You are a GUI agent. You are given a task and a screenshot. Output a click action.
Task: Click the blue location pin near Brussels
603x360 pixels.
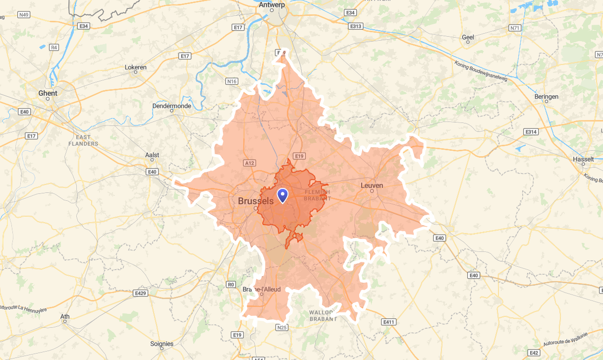tap(282, 195)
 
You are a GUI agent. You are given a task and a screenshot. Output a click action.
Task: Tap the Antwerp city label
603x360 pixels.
tap(272, 5)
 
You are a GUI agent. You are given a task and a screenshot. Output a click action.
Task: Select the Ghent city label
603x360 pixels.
tap(48, 93)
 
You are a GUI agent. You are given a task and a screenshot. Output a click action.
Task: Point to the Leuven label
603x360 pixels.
tap(372, 185)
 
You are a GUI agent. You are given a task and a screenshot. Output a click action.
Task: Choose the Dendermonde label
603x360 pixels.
tap(172, 106)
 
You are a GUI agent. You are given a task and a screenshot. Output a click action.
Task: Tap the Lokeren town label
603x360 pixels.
tap(135, 66)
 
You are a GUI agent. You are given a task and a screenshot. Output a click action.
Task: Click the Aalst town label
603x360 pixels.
tap(152, 155)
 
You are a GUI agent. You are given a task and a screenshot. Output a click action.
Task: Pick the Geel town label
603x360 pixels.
tap(468, 37)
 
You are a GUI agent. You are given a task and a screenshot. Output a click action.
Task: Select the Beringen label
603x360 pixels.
tap(547, 97)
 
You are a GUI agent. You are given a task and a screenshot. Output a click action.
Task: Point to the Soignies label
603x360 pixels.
tap(162, 344)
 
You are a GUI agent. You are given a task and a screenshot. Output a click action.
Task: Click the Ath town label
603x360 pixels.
tap(65, 316)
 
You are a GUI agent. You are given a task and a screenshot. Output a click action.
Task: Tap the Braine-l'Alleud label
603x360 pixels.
tap(262, 289)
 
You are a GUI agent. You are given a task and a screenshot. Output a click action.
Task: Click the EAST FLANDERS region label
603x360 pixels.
tap(83, 140)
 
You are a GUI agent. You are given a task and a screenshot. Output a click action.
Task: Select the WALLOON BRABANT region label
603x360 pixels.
tap(323, 316)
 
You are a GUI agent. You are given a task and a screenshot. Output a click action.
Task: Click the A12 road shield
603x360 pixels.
tap(249, 162)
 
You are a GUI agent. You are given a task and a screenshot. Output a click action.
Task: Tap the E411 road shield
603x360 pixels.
tap(389, 322)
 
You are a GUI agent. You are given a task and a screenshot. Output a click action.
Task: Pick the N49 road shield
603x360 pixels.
tap(24, 15)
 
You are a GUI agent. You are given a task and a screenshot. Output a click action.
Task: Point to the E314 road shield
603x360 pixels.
tap(531, 132)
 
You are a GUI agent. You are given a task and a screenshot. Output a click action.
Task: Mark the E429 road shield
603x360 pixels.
tap(141, 294)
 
